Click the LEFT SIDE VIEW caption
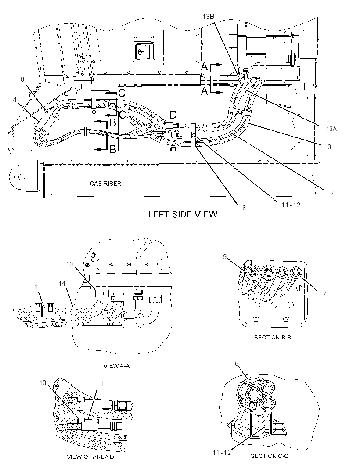click(183, 214)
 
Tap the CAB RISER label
click(106, 183)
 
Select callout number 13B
click(209, 17)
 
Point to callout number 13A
click(331, 129)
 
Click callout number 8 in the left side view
click(22, 79)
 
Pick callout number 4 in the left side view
click(15, 100)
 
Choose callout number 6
click(244, 207)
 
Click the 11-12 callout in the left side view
click(291, 205)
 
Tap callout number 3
click(329, 147)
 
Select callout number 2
click(331, 193)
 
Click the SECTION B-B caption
click(272, 337)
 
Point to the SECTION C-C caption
click(269, 456)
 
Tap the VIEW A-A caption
click(116, 365)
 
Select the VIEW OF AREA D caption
click(90, 456)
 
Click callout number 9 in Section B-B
click(224, 256)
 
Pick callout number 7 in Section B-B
click(325, 293)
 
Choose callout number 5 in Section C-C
click(237, 363)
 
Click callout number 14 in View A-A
click(62, 283)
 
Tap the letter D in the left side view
click(173, 114)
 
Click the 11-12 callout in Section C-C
click(222, 453)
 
